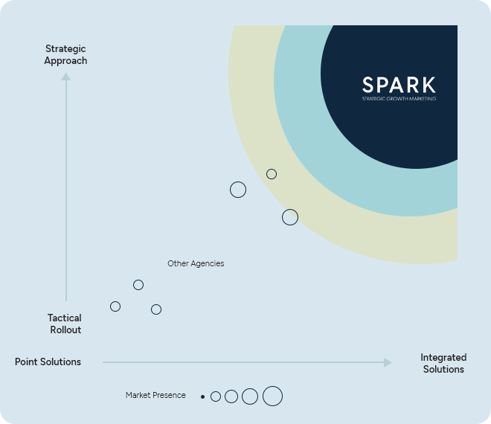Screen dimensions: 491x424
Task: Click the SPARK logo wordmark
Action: (399, 85)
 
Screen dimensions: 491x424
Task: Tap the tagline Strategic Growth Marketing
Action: (399, 99)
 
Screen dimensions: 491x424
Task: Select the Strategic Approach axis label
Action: (65, 55)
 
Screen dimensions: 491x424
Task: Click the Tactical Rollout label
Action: (65, 324)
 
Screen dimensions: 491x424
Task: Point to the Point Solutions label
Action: (48, 362)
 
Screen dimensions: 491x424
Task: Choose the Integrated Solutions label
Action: (443, 363)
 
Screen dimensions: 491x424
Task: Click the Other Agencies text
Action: (196, 263)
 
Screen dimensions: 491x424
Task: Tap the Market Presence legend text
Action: (155, 395)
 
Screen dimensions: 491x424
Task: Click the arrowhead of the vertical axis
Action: (65, 77)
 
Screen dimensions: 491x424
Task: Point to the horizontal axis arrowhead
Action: (388, 362)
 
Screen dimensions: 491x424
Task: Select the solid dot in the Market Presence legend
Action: (202, 396)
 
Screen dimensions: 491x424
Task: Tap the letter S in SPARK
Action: (368, 85)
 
